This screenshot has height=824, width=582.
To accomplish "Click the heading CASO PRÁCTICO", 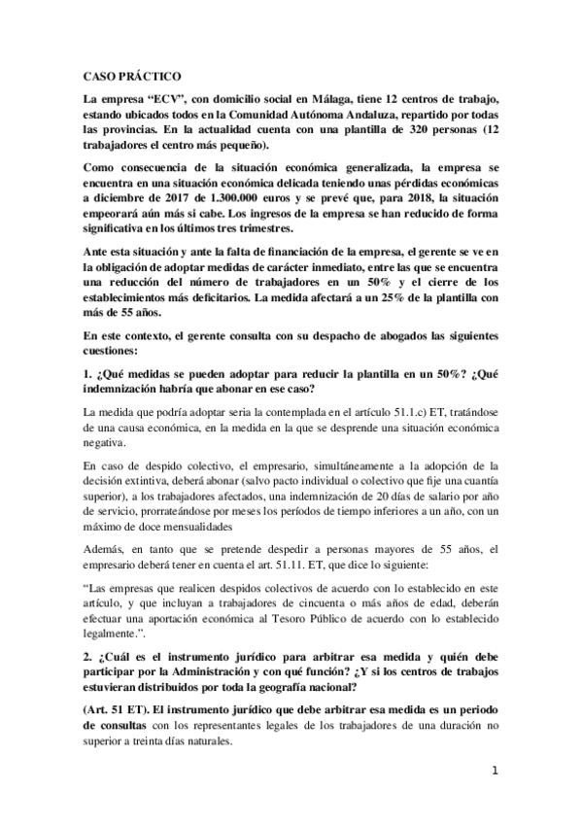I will click(126, 75).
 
